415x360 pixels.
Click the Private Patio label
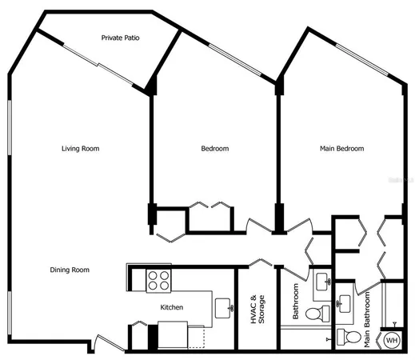[122, 38]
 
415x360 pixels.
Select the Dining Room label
[70, 270]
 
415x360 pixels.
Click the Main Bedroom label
[341, 148]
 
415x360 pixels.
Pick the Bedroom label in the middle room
[214, 148]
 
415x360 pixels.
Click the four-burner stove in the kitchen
[158, 280]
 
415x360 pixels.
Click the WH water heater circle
[392, 340]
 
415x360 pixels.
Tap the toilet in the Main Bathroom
[345, 335]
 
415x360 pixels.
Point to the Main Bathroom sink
[345, 302]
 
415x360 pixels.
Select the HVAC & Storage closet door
[261, 263]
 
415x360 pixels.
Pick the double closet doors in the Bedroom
[210, 206]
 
